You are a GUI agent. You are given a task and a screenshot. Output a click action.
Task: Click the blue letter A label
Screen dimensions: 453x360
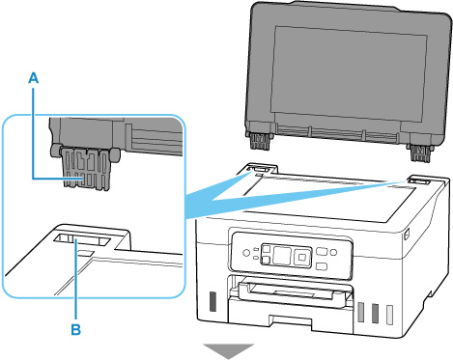34,78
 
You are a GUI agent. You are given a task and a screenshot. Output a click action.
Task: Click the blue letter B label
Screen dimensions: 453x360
76,329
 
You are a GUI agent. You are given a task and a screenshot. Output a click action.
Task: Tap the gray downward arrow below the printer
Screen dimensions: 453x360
229,351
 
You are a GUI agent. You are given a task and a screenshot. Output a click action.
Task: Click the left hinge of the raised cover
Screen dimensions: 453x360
259,140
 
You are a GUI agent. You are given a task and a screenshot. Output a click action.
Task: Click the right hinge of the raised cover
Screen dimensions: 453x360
419,152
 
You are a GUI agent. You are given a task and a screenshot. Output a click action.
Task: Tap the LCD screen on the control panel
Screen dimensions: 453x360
282,256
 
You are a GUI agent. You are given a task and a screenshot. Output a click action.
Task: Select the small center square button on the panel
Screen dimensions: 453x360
302,257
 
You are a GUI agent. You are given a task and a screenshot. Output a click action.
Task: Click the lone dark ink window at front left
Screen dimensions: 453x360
212,301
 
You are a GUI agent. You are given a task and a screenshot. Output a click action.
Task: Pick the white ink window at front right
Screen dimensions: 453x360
389,314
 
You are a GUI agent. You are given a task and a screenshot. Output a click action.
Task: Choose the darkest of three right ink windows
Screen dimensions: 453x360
375,313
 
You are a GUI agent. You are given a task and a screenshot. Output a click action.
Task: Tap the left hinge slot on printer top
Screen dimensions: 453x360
260,169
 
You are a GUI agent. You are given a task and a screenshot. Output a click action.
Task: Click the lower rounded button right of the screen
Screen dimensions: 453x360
322,266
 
